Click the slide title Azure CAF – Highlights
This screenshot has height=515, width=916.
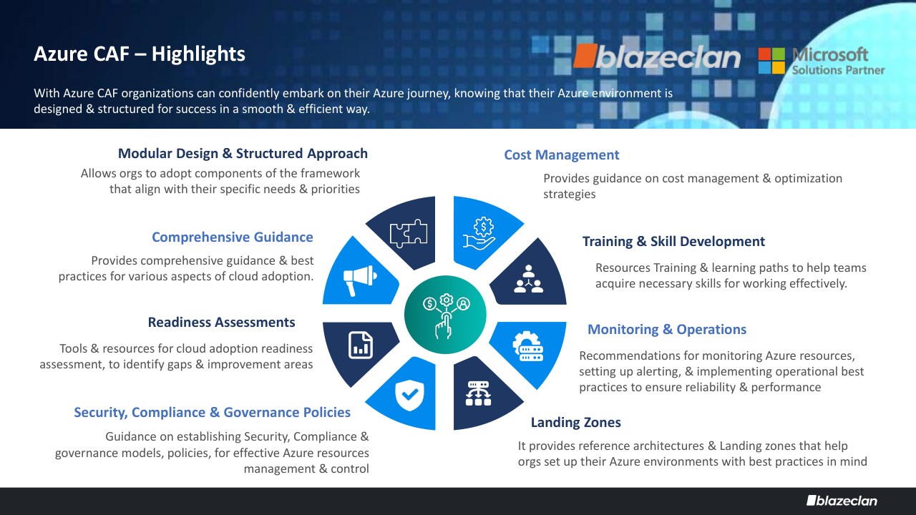[140, 54]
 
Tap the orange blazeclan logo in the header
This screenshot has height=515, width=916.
[657, 57]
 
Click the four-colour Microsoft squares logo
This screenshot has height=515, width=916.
[771, 61]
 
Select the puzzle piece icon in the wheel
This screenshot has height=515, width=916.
[409, 233]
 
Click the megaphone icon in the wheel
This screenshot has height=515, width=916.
[360, 280]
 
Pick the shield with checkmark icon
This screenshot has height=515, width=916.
[409, 395]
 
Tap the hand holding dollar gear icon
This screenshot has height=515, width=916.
[479, 232]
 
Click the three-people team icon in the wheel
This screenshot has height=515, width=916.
[528, 279]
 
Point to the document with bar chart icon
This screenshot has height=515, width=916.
[360, 345]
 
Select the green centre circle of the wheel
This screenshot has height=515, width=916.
[445, 314]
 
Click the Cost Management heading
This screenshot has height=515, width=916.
[562, 155]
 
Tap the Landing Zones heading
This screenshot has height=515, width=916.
[576, 422]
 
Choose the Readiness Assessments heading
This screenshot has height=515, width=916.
[221, 322]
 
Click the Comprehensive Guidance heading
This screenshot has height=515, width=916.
[233, 237]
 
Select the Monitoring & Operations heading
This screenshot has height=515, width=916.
[667, 330]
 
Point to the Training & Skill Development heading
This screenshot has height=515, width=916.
[673, 242]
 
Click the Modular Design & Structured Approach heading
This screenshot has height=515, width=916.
[243, 153]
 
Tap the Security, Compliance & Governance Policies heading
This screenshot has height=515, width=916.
[213, 413]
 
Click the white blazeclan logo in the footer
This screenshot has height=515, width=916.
[842, 501]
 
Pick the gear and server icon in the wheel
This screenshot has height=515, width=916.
[528, 346]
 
